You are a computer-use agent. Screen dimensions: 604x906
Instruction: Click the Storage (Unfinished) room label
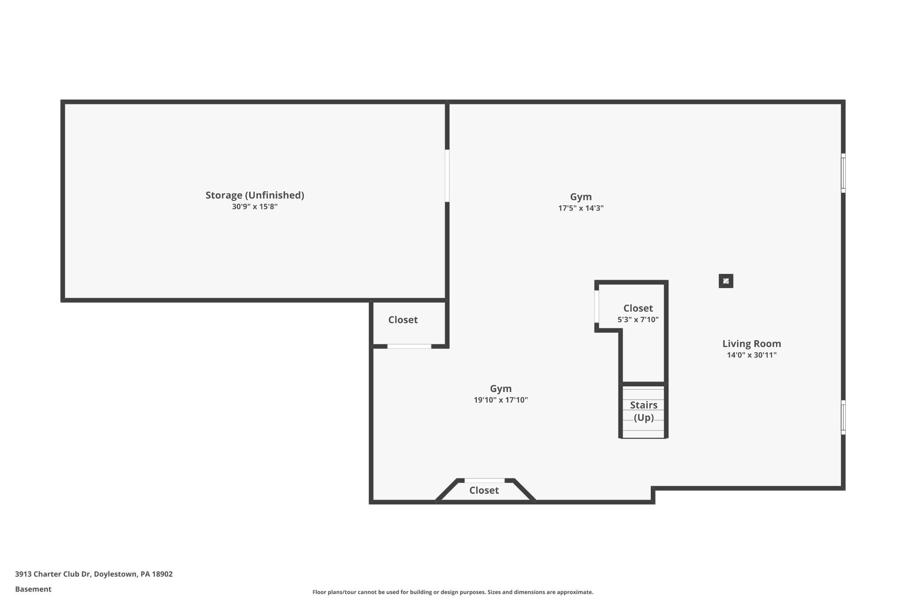(254, 195)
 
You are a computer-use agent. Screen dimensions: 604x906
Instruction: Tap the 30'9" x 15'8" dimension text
(254, 207)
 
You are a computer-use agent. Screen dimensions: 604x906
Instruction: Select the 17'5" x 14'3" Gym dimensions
(580, 208)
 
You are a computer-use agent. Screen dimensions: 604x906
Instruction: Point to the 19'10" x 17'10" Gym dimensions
(500, 400)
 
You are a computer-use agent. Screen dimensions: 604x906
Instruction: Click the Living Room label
(751, 344)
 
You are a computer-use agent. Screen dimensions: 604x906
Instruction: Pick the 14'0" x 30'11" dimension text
(751, 355)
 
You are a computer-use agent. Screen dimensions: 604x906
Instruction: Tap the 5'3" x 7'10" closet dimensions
(637, 319)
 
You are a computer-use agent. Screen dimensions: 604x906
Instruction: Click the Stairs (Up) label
(643, 411)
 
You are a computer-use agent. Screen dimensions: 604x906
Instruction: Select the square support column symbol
(726, 281)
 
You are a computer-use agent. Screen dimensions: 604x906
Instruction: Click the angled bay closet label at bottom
(484, 490)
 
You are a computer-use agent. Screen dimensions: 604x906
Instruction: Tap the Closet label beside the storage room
(403, 320)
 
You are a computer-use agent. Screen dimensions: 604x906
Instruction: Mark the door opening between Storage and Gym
(447, 176)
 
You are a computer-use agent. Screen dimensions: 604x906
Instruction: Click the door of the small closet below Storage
(409, 346)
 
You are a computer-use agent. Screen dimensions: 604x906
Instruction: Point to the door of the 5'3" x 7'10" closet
(597, 307)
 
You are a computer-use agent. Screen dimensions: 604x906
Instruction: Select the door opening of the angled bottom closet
(484, 481)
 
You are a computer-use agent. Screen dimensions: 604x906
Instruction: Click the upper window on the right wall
(843, 173)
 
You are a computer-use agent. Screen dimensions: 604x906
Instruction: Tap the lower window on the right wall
(843, 417)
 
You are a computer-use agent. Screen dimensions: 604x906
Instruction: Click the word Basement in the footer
(33, 589)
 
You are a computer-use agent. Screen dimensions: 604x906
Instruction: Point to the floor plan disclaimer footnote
(453, 592)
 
